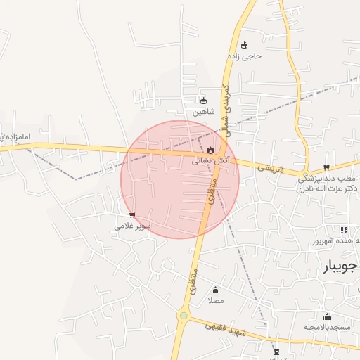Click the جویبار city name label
click(x=340, y=266)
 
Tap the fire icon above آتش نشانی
click(x=210, y=150)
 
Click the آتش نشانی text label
click(x=210, y=160)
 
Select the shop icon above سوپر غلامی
click(x=133, y=215)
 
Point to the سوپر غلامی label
click(x=133, y=226)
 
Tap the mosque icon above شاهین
click(x=204, y=101)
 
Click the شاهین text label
click(x=202, y=112)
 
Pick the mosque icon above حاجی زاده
click(x=244, y=45)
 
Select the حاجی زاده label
click(x=244, y=56)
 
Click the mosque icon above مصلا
click(x=215, y=290)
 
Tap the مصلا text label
click(x=215, y=301)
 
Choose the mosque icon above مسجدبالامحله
click(x=326, y=316)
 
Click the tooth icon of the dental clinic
click(x=326, y=167)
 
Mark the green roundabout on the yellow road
click(x=184, y=316)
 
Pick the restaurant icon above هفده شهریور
click(x=344, y=230)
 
